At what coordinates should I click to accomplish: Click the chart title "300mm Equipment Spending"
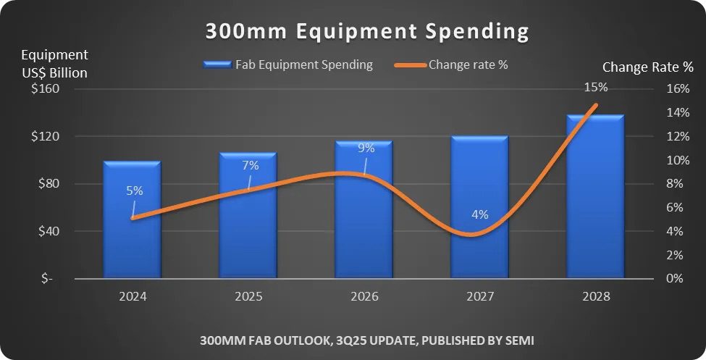[x=366, y=32]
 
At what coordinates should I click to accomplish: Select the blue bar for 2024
[x=132, y=232]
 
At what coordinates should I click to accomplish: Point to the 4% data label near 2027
[x=480, y=214]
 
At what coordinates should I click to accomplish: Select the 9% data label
[x=366, y=148]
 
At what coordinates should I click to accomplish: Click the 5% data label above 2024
[x=135, y=191]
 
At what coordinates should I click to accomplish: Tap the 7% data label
[x=251, y=165]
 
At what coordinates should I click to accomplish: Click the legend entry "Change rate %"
[x=468, y=64]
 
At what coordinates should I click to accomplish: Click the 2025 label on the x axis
[x=248, y=297]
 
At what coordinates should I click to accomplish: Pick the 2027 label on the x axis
[x=480, y=297]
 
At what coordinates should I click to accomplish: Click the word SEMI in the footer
[x=518, y=340]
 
